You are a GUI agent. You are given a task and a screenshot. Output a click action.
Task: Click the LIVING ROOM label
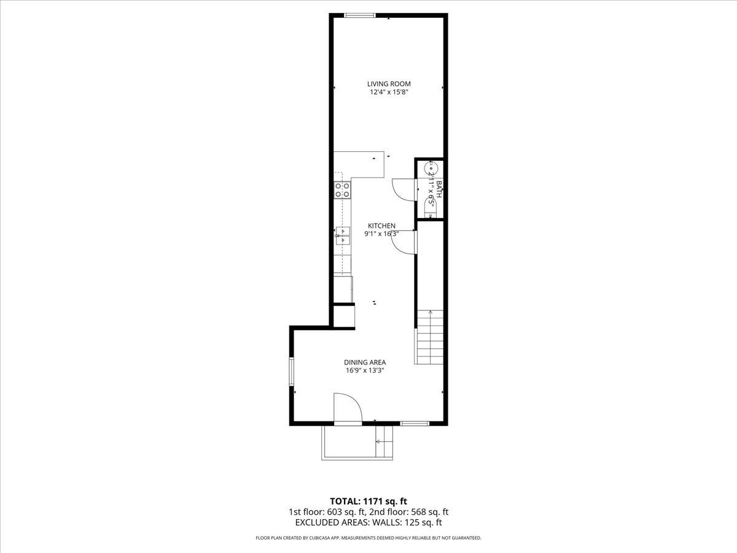click(x=389, y=84)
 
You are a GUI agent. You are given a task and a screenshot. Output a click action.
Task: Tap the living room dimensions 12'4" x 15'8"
click(x=389, y=93)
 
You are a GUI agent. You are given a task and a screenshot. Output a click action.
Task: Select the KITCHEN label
click(x=381, y=226)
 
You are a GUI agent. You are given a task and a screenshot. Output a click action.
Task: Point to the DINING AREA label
click(x=365, y=363)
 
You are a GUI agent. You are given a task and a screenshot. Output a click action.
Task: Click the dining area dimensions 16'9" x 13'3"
click(x=365, y=371)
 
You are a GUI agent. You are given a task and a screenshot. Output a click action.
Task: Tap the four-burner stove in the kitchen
click(x=343, y=189)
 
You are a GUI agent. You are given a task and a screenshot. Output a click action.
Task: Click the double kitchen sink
click(x=343, y=236)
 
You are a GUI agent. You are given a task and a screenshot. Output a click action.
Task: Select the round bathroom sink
click(x=431, y=167)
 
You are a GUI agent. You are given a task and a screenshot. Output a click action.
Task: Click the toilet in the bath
click(x=431, y=207)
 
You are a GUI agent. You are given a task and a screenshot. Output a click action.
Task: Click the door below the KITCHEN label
click(x=404, y=241)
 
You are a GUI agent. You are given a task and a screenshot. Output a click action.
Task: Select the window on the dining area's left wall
click(x=292, y=372)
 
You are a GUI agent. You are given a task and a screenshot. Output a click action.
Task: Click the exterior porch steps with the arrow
click(x=384, y=441)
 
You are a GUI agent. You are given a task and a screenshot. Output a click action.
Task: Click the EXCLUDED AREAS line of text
click(x=368, y=522)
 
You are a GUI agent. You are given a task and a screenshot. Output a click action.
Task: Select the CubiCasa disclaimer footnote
click(x=368, y=538)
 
